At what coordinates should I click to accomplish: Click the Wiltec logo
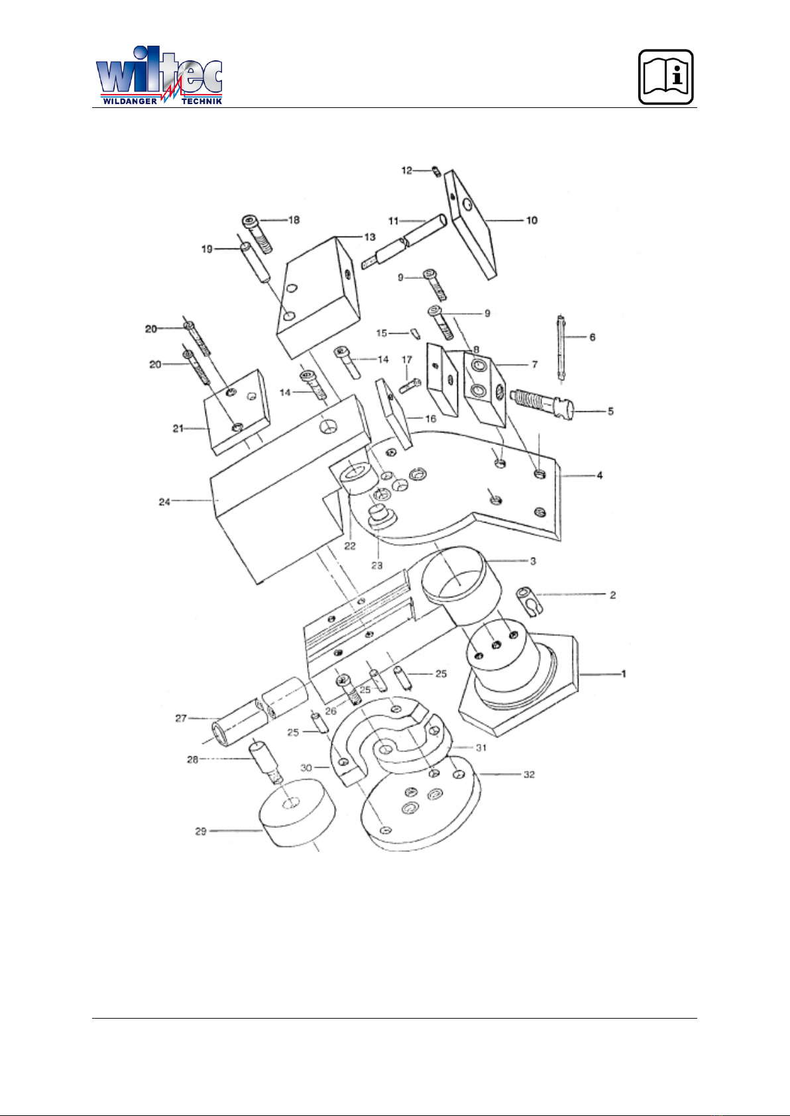click(159, 76)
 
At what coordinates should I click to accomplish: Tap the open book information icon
click(666, 77)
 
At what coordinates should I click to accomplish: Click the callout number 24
click(164, 502)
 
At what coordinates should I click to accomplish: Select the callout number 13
click(369, 237)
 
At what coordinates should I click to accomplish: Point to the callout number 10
click(532, 220)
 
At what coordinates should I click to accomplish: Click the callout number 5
click(610, 411)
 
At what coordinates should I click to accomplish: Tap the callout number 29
click(200, 831)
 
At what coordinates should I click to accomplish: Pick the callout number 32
click(529, 774)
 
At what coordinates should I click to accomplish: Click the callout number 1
click(623, 674)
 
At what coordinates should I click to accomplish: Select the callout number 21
click(178, 429)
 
